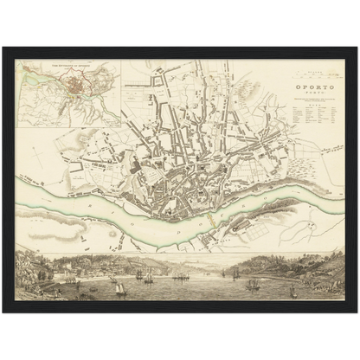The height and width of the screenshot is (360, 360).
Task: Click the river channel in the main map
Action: (104, 213)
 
